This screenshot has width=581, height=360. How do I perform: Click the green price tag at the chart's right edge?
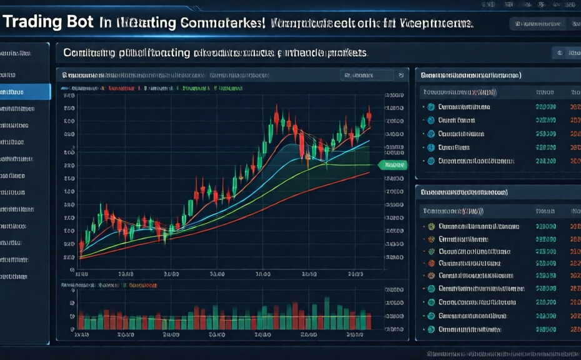pos(392,165)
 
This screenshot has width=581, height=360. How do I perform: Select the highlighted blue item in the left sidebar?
pos(25,92)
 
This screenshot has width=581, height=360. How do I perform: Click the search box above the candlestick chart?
pos(367,75)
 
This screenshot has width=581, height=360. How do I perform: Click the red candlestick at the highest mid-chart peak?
pos(276,116)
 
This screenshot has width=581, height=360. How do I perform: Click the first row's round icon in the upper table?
pos(430,107)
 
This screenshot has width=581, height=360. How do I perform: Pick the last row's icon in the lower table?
pos(430,329)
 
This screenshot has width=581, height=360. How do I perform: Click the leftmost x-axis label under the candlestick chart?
pos(81,273)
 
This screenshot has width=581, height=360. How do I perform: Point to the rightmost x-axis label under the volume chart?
pos(356,334)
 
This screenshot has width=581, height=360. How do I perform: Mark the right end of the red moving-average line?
pos(369,173)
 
